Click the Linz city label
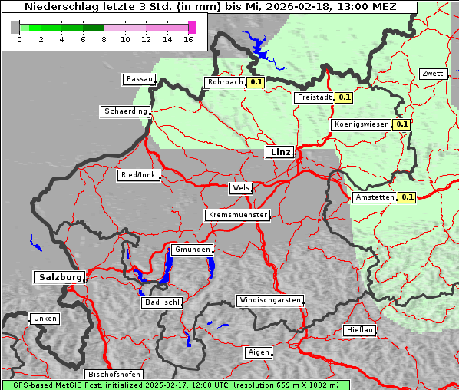[279, 152]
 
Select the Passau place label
[139, 79]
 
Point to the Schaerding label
[124, 111]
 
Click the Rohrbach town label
[224, 82]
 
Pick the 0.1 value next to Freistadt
[344, 97]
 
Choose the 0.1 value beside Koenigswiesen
[401, 124]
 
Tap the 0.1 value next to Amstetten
[407, 197]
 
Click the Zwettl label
[433, 74]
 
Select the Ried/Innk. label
[139, 175]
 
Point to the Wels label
[240, 188]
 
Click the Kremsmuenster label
[237, 215]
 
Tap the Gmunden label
[191, 250]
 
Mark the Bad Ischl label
[162, 302]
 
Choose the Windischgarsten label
[269, 300]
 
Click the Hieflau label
[360, 330]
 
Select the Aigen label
[259, 352]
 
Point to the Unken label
[45, 319]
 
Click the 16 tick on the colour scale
[189, 39]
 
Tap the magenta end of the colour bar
[192, 27]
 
